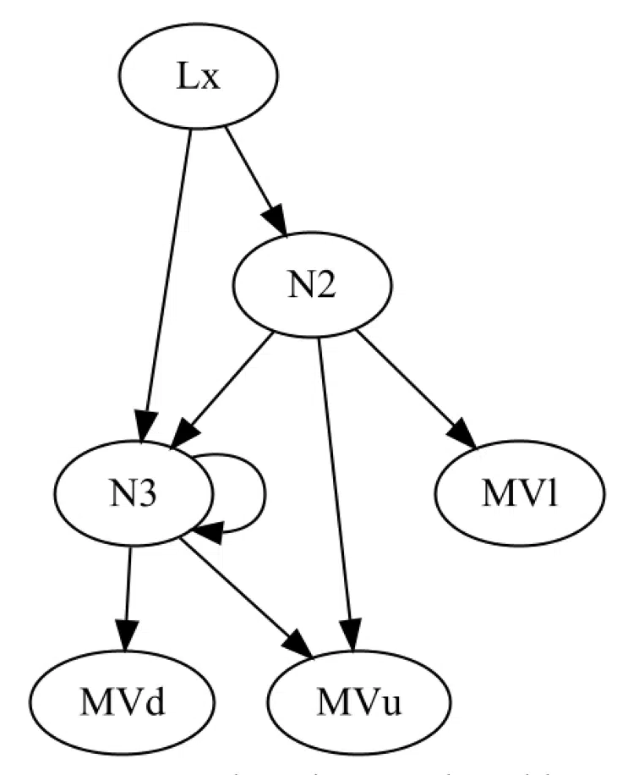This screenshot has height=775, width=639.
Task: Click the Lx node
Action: click(199, 78)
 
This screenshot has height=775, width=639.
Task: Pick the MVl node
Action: click(520, 493)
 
